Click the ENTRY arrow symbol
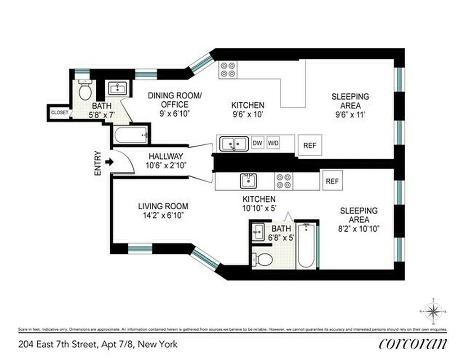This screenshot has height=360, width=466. click(x=108, y=162)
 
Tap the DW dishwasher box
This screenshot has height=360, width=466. click(x=257, y=143)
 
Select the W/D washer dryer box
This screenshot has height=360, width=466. click(x=273, y=143)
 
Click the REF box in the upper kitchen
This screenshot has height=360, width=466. click(x=309, y=145)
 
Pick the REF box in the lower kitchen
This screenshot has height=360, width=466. click(x=332, y=181)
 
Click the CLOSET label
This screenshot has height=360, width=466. click(x=59, y=112)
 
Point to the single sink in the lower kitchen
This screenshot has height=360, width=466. click(x=248, y=181)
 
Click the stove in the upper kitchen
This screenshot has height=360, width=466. click(x=228, y=69)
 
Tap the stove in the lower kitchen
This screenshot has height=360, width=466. click(x=284, y=181)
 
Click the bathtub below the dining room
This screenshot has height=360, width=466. click(x=131, y=135)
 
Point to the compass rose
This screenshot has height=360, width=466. click(x=433, y=311)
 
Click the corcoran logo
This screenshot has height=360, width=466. click(x=413, y=344)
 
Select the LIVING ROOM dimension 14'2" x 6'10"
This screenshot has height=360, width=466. click(x=163, y=215)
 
